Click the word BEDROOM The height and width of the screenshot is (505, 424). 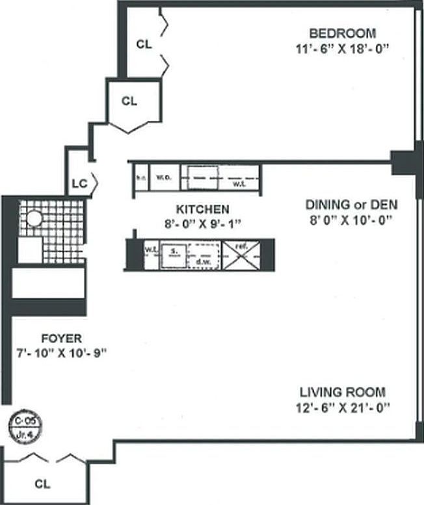[x=343, y=34]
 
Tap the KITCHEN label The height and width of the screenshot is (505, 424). [x=203, y=209]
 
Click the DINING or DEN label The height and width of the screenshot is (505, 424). [x=352, y=205]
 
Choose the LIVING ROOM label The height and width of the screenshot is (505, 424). [x=343, y=393]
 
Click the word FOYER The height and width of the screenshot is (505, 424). [x=61, y=339]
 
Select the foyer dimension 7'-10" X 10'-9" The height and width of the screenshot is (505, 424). [x=61, y=352]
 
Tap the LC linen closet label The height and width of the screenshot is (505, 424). [x=79, y=183]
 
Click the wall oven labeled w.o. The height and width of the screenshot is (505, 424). [x=163, y=177]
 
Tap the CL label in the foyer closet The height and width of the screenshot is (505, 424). [x=42, y=484]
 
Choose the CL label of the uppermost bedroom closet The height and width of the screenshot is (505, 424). [x=144, y=44]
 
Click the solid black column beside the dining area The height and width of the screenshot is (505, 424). [x=403, y=162]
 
